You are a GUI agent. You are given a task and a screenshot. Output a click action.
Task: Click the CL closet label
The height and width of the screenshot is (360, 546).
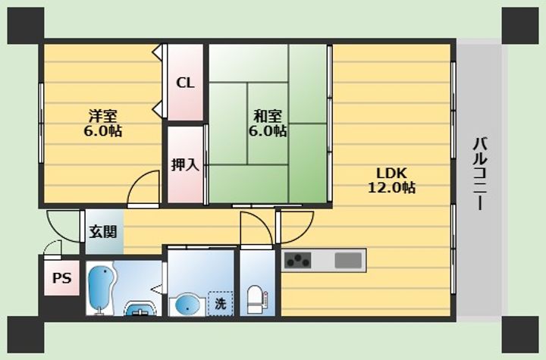(185, 83)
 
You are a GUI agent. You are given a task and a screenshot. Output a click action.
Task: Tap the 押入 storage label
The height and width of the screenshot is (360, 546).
(185, 164)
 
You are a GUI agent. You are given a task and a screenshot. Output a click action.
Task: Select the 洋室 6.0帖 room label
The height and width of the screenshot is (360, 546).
(102, 123)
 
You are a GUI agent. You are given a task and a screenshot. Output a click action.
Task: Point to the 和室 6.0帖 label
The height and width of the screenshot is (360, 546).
(268, 123)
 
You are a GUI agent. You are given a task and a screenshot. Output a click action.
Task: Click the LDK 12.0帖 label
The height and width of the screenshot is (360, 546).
(391, 180)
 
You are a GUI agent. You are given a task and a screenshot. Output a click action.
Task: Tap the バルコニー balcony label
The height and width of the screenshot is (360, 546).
(481, 174)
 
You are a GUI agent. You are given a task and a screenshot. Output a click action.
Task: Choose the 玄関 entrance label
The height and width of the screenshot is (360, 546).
(102, 231)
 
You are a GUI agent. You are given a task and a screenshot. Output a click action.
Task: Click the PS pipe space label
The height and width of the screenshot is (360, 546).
(62, 278)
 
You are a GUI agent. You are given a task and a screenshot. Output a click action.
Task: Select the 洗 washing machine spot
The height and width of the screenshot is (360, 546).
(221, 304)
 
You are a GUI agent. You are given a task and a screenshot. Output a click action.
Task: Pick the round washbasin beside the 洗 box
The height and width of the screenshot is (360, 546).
(187, 304)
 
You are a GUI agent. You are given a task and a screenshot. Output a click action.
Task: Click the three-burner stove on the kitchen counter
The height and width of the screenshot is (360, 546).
(298, 260)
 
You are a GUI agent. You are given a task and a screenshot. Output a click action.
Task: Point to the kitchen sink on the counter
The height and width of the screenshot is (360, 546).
(348, 260)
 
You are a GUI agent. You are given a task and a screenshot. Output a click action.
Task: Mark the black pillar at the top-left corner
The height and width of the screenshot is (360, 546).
(26, 26)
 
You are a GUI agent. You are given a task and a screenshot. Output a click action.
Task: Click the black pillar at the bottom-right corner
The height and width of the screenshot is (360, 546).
(520, 334)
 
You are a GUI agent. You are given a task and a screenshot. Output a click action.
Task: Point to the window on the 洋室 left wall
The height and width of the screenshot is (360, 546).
(41, 123)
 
